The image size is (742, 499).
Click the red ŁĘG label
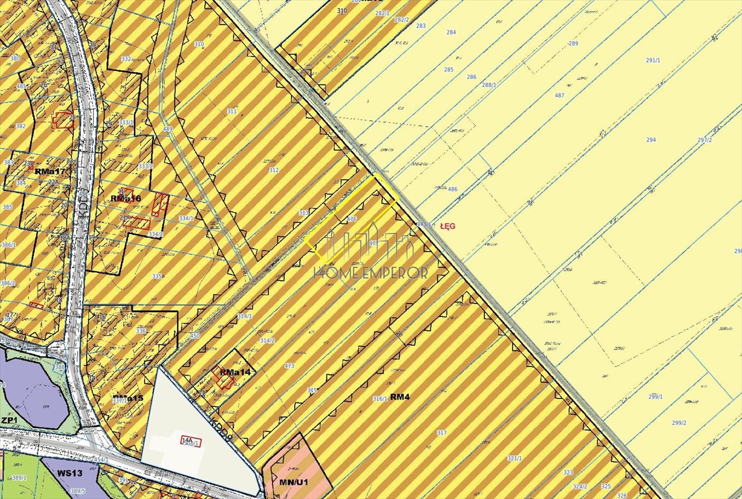(x=448, y=225)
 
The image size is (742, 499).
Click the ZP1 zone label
(x=8, y=420)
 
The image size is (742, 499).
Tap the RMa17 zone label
(x=51, y=172)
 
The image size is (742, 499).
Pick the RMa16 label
(x=126, y=198)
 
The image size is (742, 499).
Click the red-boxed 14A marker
(x=189, y=441)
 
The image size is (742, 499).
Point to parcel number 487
(x=559, y=96)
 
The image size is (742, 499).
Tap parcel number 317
(x=442, y=432)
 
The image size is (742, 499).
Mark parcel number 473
(x=289, y=366)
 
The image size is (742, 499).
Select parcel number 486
(x=453, y=190)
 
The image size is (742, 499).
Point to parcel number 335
(x=157, y=277)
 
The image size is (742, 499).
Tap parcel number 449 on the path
(x=168, y=129)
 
